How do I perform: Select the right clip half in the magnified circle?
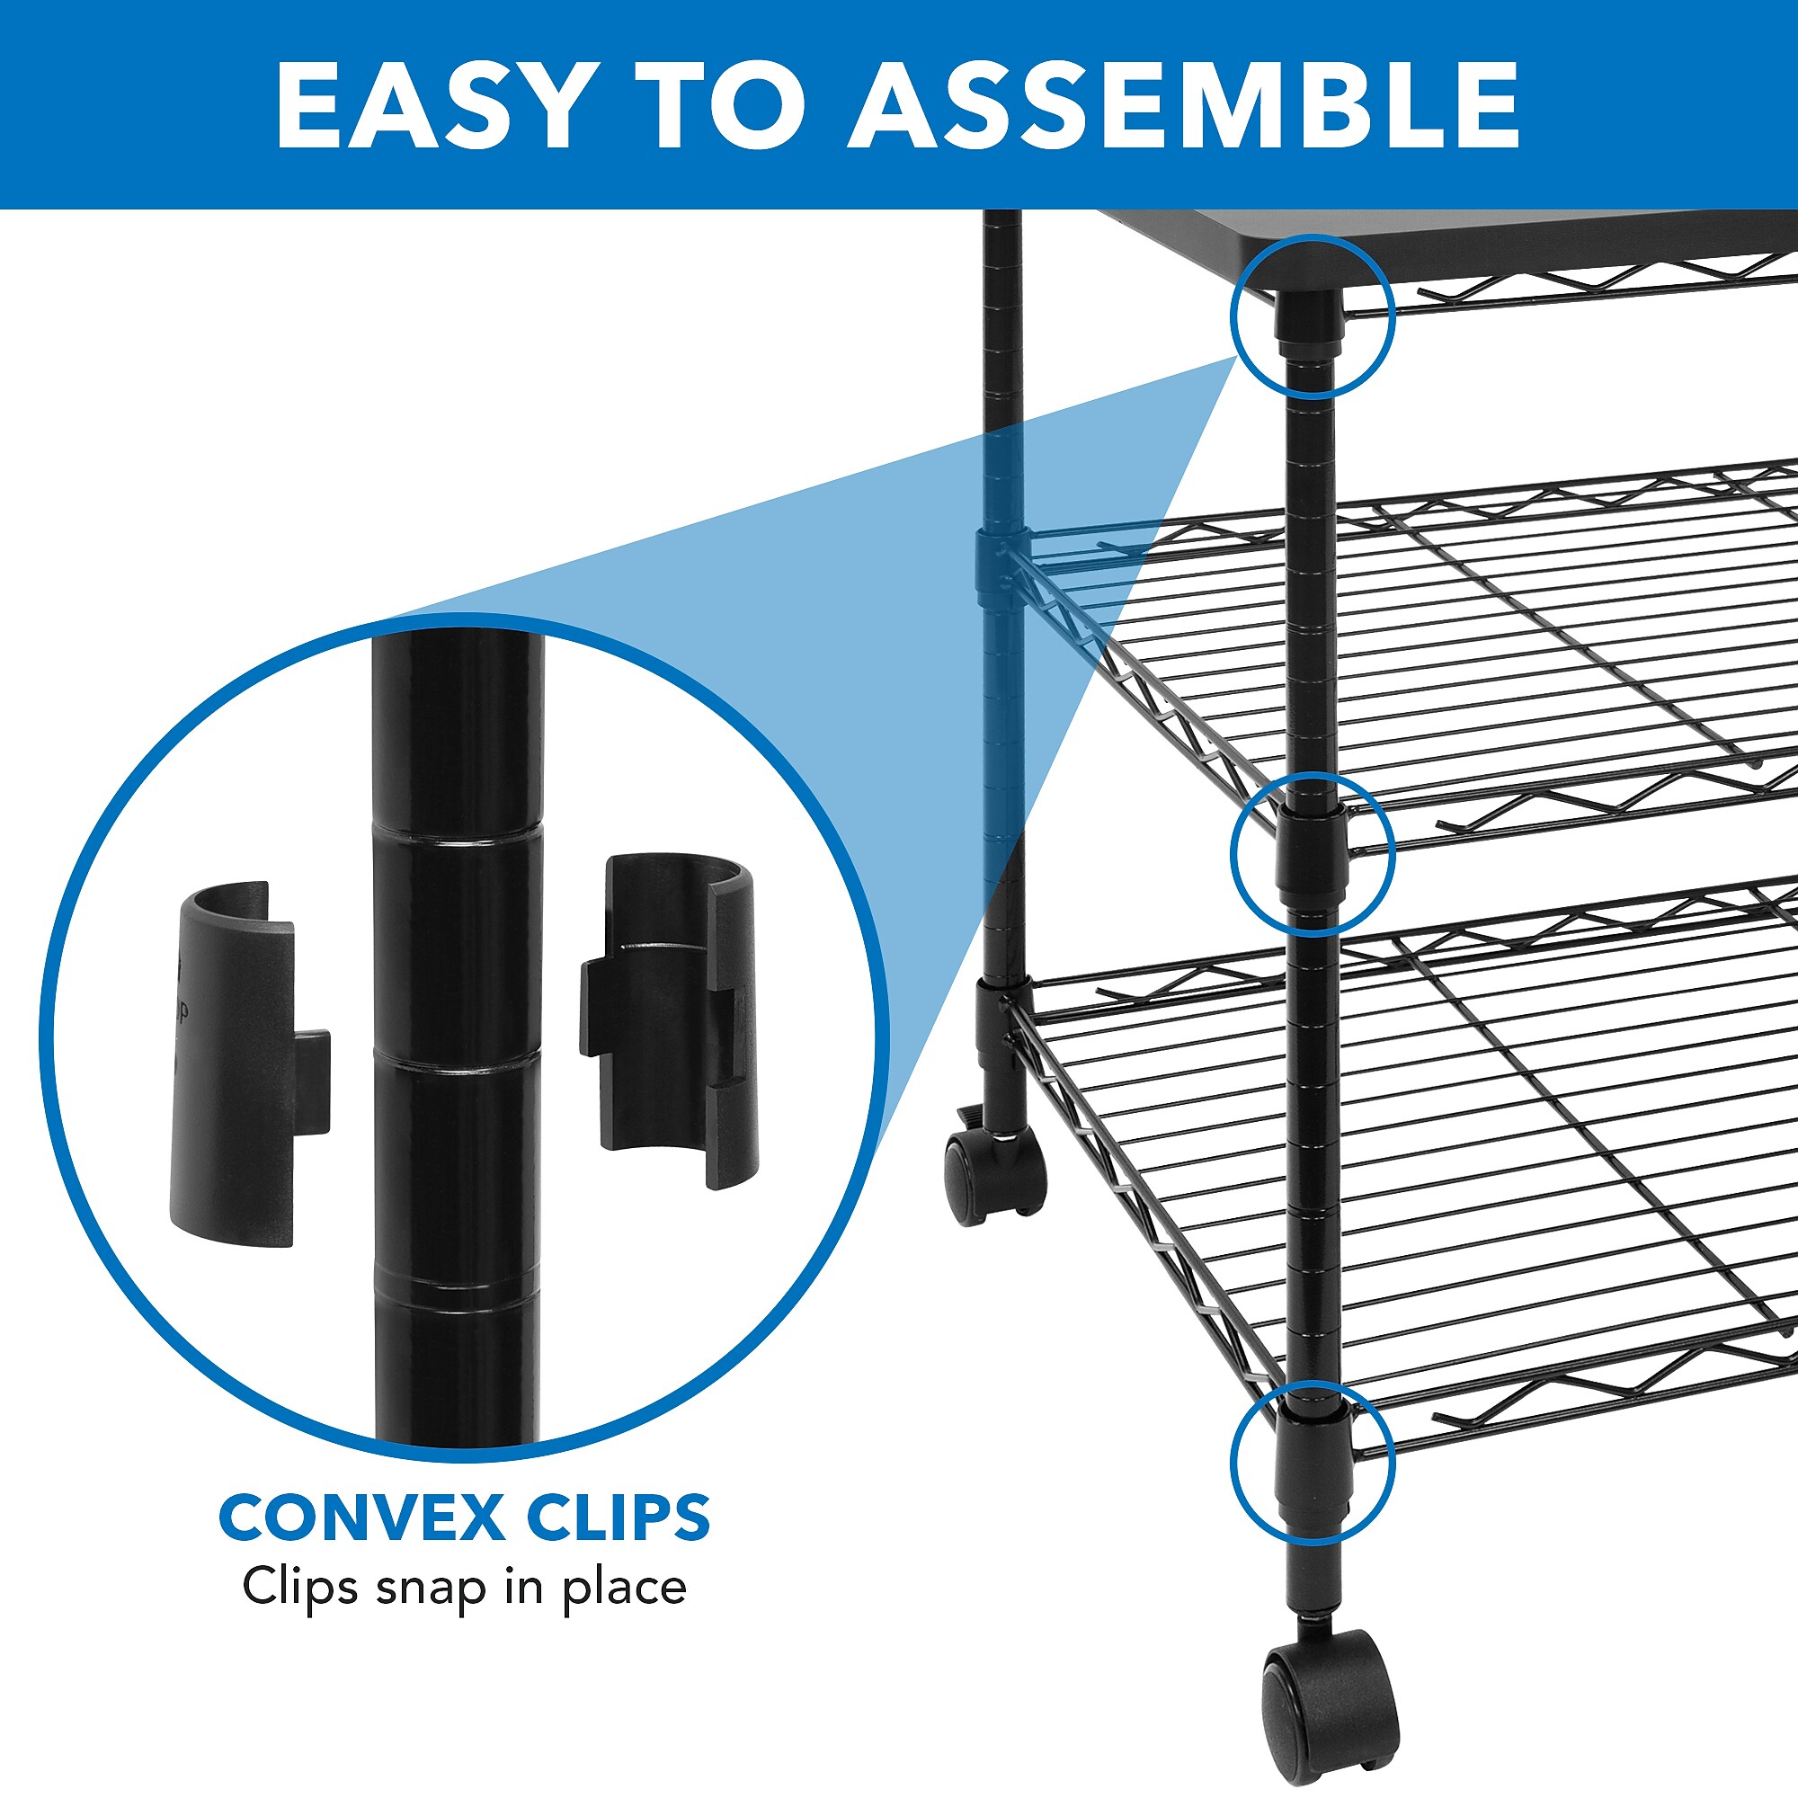coord(670,1021)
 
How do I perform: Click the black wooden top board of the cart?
coord(1452,246)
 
